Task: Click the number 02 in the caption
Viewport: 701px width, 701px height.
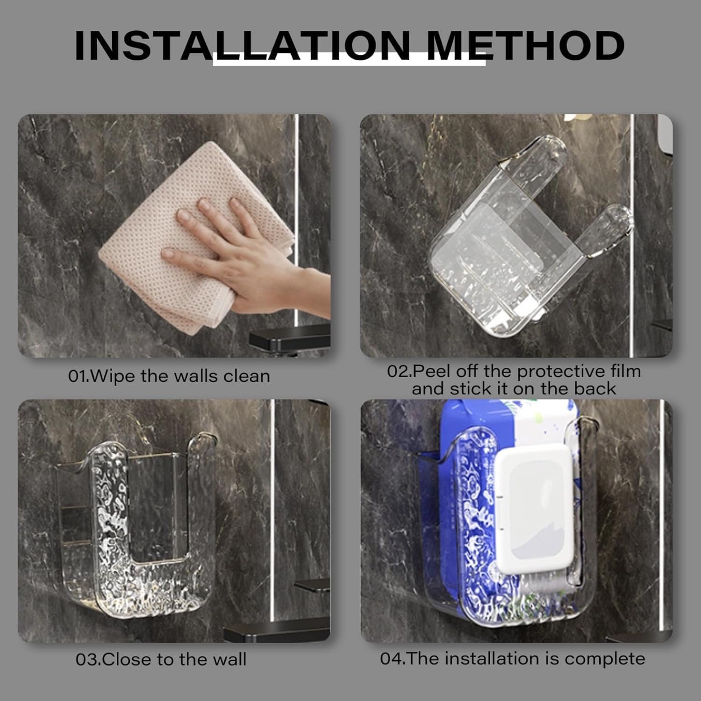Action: coord(398,372)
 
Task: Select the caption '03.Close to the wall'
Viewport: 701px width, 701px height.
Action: coord(161,659)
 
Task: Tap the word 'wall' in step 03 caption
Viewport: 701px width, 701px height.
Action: coord(229,659)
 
